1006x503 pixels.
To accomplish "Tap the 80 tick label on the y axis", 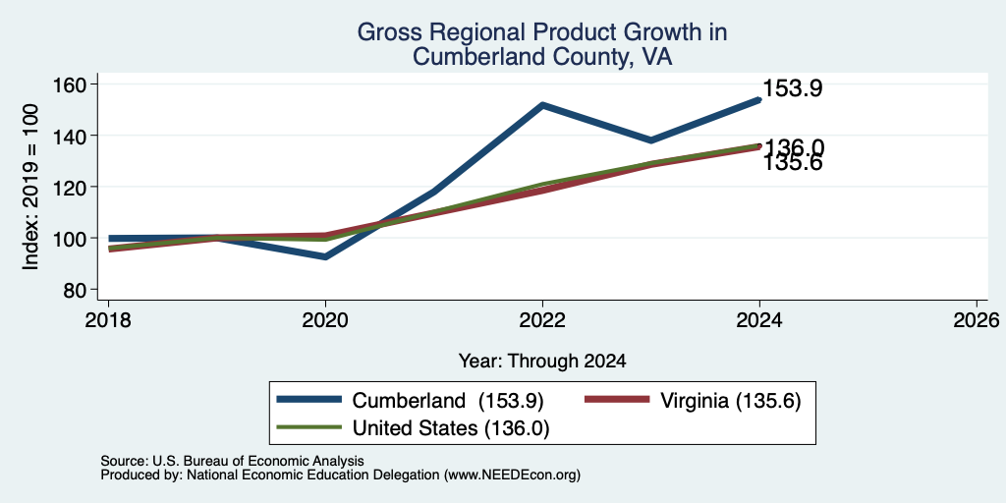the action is pyautogui.click(x=73, y=290).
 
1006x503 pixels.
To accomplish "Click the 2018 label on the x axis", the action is pyautogui.click(x=108, y=319).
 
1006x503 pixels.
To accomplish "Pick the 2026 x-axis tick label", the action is pyautogui.click(x=977, y=319).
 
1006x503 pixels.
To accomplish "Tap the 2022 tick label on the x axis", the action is pyautogui.click(x=542, y=319).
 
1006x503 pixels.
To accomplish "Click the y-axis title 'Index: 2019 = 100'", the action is pyautogui.click(x=30, y=187).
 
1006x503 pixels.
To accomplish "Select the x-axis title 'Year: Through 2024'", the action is pyautogui.click(x=542, y=362).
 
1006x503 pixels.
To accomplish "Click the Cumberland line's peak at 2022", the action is pyautogui.click(x=542, y=104).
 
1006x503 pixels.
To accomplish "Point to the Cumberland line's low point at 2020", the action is pyautogui.click(x=326, y=256).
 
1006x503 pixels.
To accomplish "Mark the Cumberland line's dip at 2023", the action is pyautogui.click(x=651, y=140).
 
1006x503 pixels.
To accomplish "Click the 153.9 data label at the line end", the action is pyautogui.click(x=793, y=88).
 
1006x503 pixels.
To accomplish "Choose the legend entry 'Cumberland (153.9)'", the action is pyautogui.click(x=411, y=401).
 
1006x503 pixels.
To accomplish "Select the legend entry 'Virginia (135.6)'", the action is pyautogui.click(x=693, y=401).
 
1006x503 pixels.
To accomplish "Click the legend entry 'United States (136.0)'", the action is pyautogui.click(x=414, y=428).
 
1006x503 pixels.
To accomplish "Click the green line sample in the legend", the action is pyautogui.click(x=308, y=427).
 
